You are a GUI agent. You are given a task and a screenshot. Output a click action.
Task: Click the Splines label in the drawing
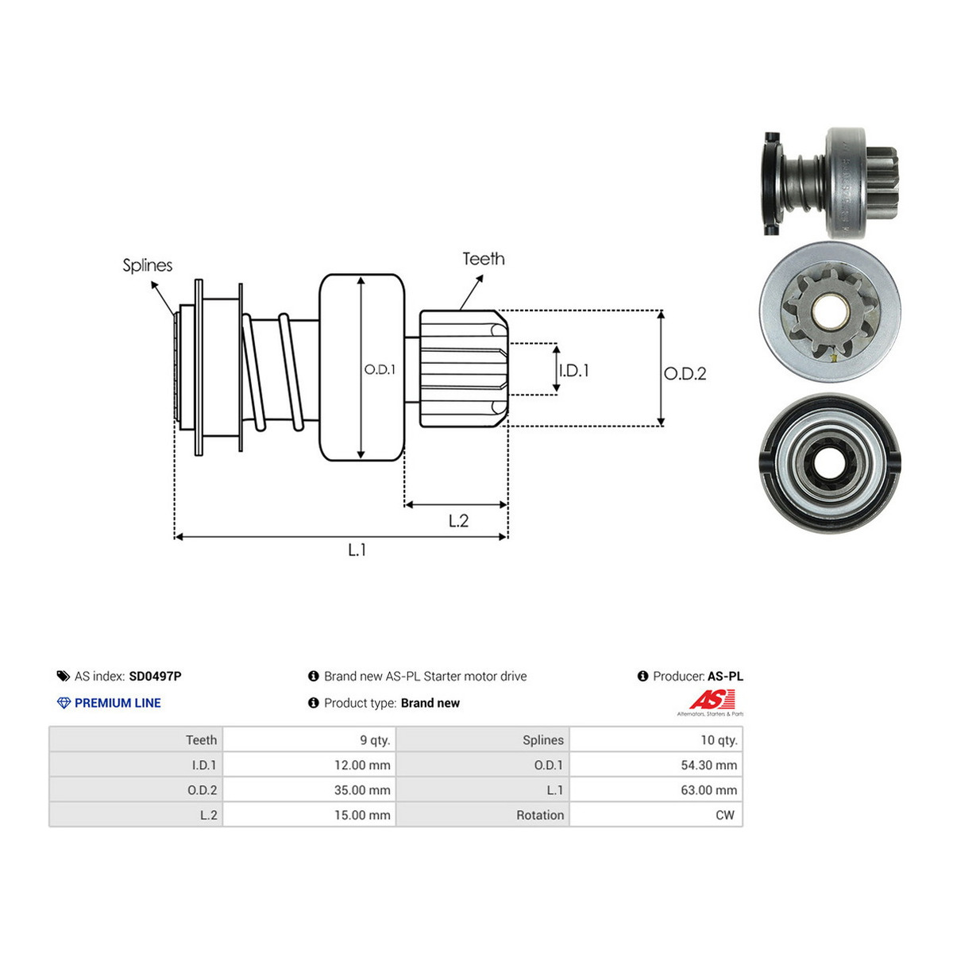148,266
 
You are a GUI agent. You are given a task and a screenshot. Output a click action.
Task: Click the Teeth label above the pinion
483,259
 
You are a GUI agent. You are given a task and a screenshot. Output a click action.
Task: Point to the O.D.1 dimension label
380,369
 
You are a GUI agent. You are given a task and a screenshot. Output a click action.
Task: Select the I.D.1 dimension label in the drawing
573,370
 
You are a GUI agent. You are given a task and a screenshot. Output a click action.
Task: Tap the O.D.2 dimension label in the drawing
685,373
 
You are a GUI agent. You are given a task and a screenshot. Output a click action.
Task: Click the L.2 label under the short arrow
458,521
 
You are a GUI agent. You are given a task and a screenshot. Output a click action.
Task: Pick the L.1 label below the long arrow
357,550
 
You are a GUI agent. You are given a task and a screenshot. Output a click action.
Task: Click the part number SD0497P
155,676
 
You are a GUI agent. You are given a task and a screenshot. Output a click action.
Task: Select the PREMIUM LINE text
118,703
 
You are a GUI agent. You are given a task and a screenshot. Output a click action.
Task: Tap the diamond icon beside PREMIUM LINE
64,703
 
